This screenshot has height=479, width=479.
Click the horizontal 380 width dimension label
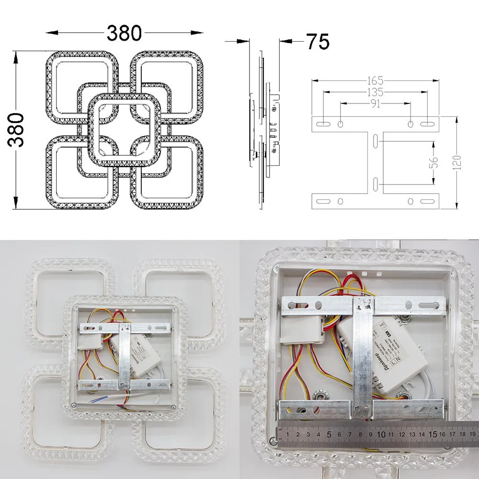click(124, 33)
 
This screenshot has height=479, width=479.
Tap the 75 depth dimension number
click(318, 42)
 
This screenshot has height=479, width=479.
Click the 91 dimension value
click(375, 103)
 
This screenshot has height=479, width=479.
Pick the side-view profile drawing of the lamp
click(263, 129)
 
